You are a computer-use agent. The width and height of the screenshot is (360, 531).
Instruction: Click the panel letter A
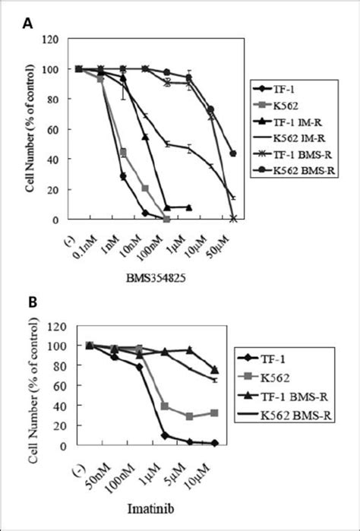(x=27, y=24)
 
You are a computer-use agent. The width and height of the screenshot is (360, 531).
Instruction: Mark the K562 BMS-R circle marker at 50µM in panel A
(x=233, y=153)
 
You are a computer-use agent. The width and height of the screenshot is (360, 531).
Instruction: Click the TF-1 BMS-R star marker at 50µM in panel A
(x=233, y=219)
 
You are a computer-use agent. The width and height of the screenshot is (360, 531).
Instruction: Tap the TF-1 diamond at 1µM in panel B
(x=164, y=435)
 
